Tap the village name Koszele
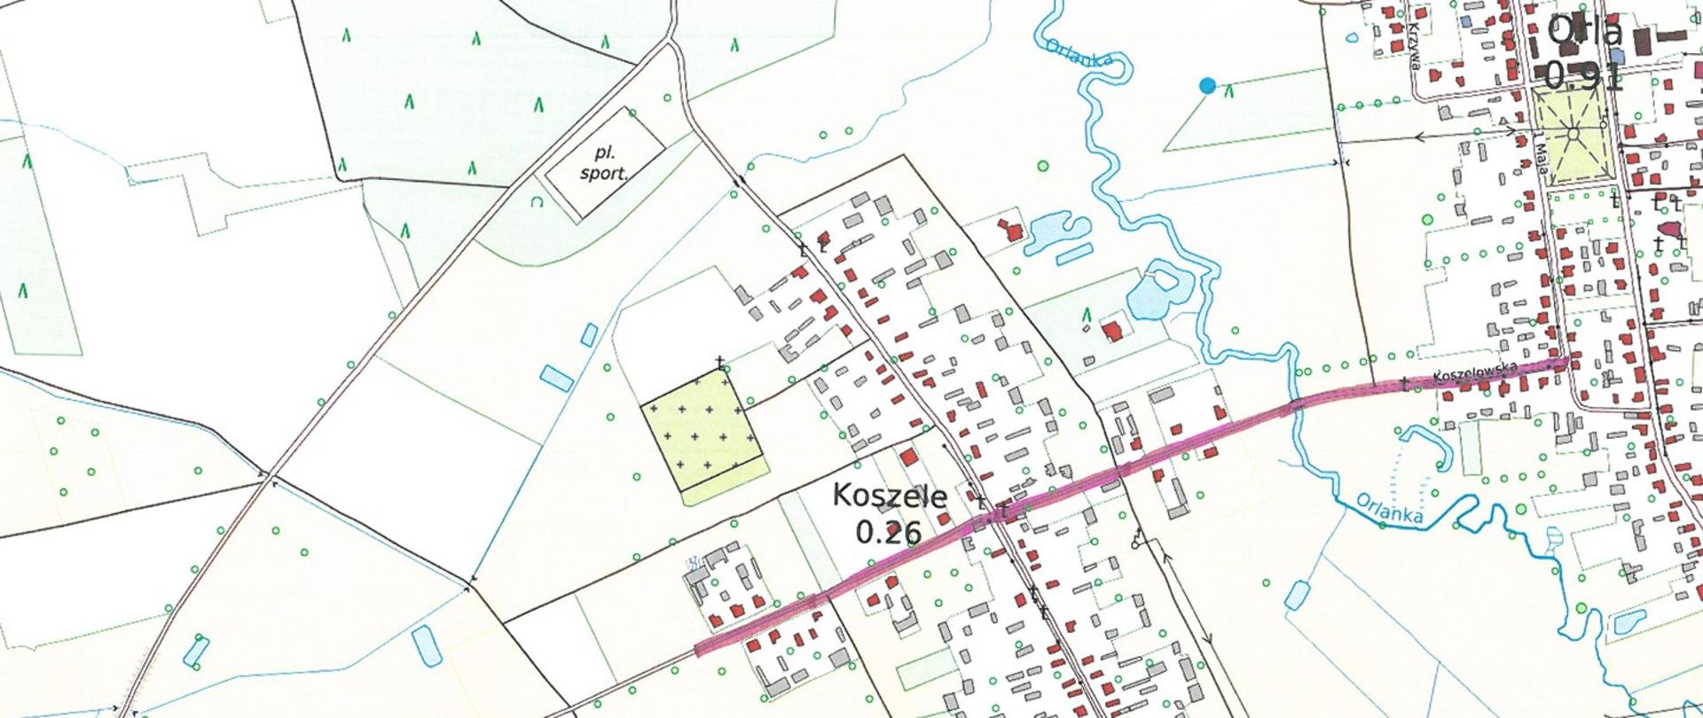click(x=890, y=496)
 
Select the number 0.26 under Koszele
click(x=889, y=531)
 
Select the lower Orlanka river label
click(x=1389, y=510)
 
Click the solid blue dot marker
click(x=1206, y=85)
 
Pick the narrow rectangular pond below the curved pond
click(x=1074, y=254)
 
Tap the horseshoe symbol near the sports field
click(x=535, y=202)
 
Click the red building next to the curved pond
click(x=1011, y=230)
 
